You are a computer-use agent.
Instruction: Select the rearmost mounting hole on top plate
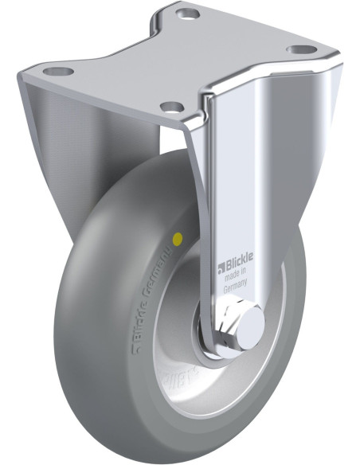pos(189,14)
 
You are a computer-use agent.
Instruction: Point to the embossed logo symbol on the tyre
pos(114,348)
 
